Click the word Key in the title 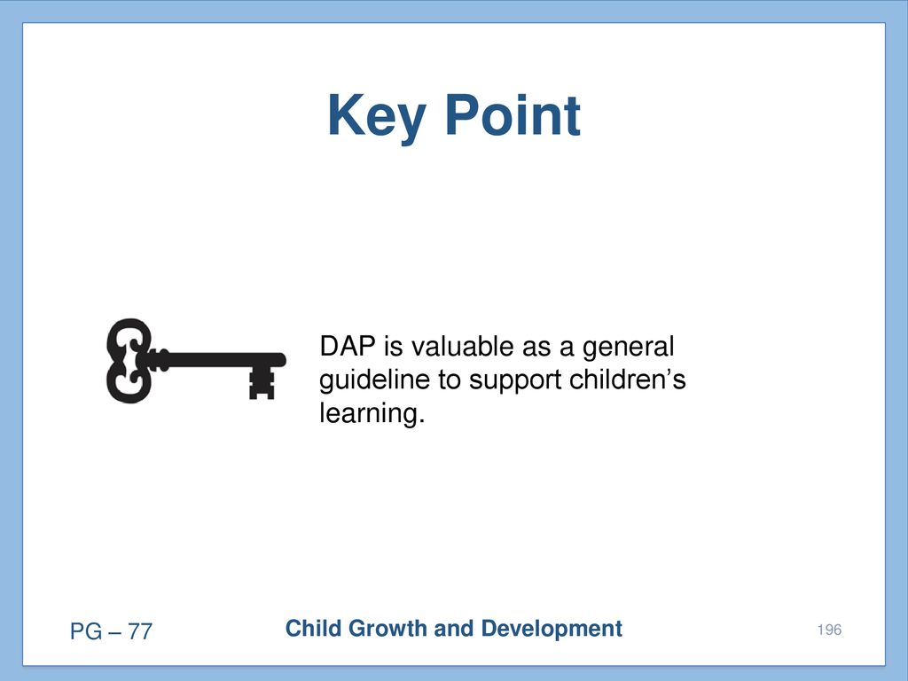click(x=377, y=117)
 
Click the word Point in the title click(x=513, y=115)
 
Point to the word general click(x=629, y=348)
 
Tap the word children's click(x=628, y=380)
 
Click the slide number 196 click(x=829, y=630)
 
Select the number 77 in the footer click(x=139, y=631)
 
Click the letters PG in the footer click(x=86, y=631)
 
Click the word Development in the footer click(x=552, y=630)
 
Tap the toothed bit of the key click(x=262, y=383)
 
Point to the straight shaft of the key click(x=220, y=360)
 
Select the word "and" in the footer click(x=454, y=629)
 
